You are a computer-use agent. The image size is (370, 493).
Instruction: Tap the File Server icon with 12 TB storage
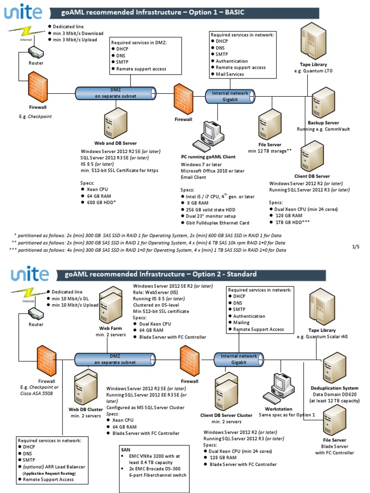coord(270,124)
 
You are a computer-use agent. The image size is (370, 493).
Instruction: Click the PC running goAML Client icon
coord(208,136)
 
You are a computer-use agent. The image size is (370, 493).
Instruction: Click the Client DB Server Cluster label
coord(226,415)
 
